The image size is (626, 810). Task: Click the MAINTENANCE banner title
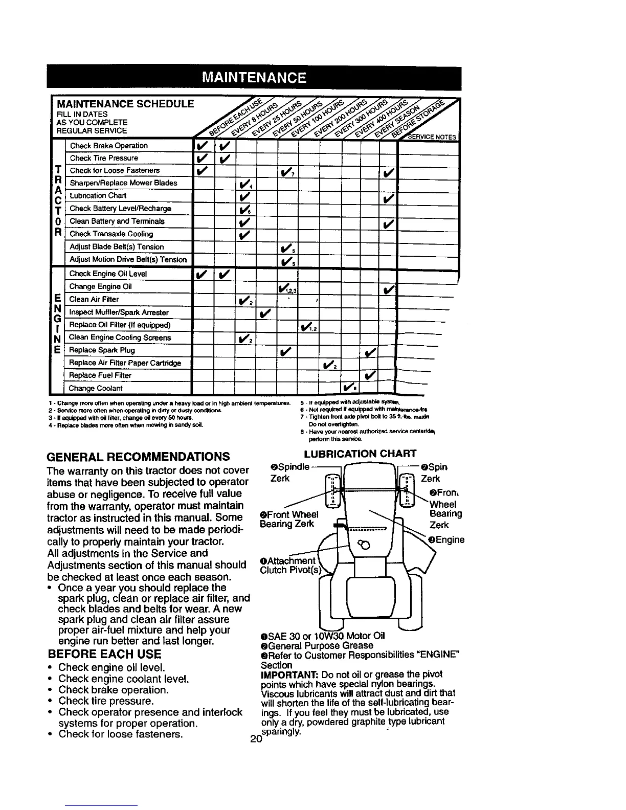click(254, 78)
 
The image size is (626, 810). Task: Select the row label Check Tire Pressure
click(104, 158)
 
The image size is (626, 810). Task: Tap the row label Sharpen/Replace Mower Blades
click(123, 183)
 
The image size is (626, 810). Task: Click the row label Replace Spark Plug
click(102, 350)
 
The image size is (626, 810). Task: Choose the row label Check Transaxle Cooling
click(111, 234)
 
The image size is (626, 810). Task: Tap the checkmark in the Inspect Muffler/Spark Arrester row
click(265, 312)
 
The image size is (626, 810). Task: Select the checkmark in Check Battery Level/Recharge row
click(244, 209)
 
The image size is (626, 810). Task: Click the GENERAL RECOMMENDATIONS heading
click(138, 456)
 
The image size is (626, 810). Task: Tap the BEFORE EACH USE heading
click(104, 654)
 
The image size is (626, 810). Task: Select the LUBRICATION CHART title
click(361, 454)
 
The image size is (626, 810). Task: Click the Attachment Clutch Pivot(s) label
click(289, 566)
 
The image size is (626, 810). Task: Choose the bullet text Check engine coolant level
click(124, 679)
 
